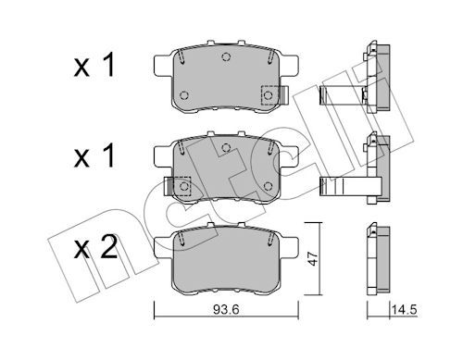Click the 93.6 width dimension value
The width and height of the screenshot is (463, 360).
coord(226,310)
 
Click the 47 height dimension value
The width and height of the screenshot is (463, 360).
coord(313,258)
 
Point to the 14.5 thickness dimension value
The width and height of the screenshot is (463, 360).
coord(404,310)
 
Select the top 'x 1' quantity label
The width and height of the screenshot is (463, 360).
coord(94,65)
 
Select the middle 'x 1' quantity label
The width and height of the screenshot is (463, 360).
coord(94,155)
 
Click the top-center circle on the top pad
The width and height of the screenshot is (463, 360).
coord(226,56)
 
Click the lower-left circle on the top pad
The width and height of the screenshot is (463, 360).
coord(184,95)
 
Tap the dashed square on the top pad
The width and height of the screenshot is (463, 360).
coord(269,95)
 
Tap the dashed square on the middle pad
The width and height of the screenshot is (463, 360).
coord(182,186)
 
